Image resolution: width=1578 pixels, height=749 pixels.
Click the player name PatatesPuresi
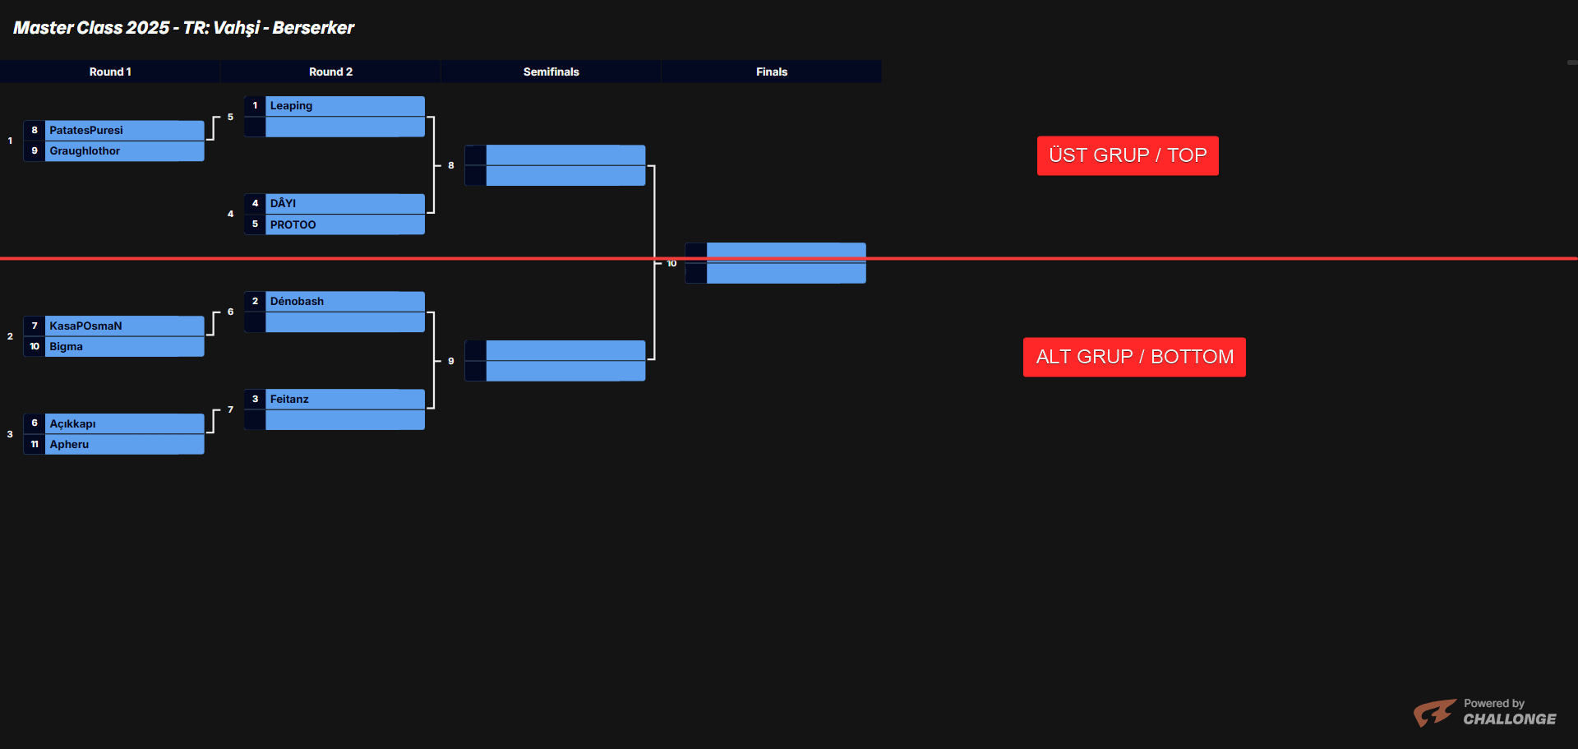click(86, 130)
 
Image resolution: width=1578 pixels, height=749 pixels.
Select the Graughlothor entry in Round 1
click(85, 150)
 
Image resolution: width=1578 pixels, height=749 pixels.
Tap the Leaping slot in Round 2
click(292, 105)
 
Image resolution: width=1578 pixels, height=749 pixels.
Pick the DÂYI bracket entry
click(284, 203)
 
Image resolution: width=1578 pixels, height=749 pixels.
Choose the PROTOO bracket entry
click(293, 224)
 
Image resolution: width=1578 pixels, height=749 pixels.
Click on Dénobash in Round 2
click(298, 301)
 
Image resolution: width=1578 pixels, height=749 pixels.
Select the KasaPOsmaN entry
click(85, 326)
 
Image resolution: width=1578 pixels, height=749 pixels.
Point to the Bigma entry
click(67, 346)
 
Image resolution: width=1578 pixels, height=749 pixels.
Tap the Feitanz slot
click(290, 399)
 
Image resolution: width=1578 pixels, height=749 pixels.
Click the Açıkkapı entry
click(73, 423)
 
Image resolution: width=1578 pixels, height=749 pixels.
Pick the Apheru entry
click(69, 444)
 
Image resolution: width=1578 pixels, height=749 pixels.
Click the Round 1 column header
click(110, 72)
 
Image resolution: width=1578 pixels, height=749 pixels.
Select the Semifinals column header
click(551, 72)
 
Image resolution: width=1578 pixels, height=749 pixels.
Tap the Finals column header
click(772, 72)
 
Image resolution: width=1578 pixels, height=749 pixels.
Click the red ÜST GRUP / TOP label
click(1128, 155)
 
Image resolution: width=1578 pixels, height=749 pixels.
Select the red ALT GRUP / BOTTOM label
click(1134, 357)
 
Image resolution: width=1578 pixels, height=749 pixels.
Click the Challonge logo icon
click(1434, 712)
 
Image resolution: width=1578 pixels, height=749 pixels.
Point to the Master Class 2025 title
click(184, 28)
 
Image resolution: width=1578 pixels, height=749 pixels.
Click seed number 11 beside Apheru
click(35, 444)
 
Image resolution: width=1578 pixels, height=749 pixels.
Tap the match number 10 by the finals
click(671, 263)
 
